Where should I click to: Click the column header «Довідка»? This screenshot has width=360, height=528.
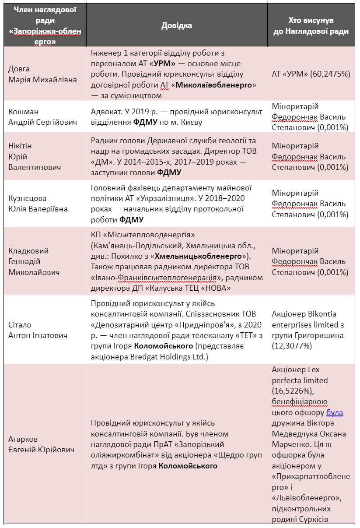click(x=177, y=25)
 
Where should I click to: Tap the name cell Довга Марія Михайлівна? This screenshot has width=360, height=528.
click(x=42, y=74)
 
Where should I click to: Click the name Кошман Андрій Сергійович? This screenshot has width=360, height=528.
click(x=42, y=117)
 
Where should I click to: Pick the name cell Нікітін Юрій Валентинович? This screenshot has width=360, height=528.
click(x=35, y=156)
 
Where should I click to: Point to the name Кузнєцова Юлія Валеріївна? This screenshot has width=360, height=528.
click(x=38, y=204)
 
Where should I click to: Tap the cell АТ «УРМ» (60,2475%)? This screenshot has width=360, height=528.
click(x=311, y=74)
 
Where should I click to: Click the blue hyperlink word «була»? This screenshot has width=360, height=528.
click(x=335, y=413)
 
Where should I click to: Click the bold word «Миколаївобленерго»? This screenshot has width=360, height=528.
click(x=215, y=85)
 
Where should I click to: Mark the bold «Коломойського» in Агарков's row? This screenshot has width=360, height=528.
click(x=188, y=466)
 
